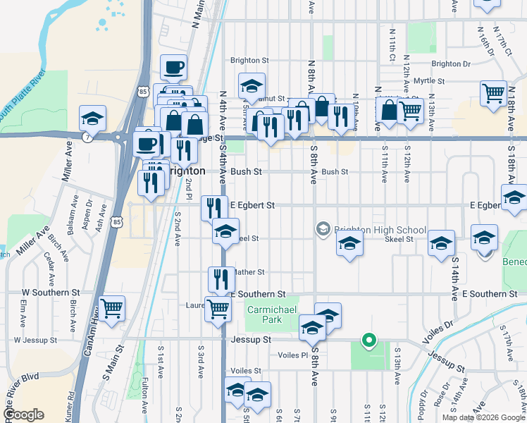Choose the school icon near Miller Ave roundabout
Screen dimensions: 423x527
point(92,118)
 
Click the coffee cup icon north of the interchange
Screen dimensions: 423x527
point(173,68)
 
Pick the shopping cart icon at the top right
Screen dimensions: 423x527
point(493,92)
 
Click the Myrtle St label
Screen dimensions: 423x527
point(429,81)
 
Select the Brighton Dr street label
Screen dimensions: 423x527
point(451,63)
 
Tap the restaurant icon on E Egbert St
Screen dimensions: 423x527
point(213,207)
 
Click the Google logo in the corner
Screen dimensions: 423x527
point(24,414)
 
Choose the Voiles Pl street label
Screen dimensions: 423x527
point(294,355)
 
